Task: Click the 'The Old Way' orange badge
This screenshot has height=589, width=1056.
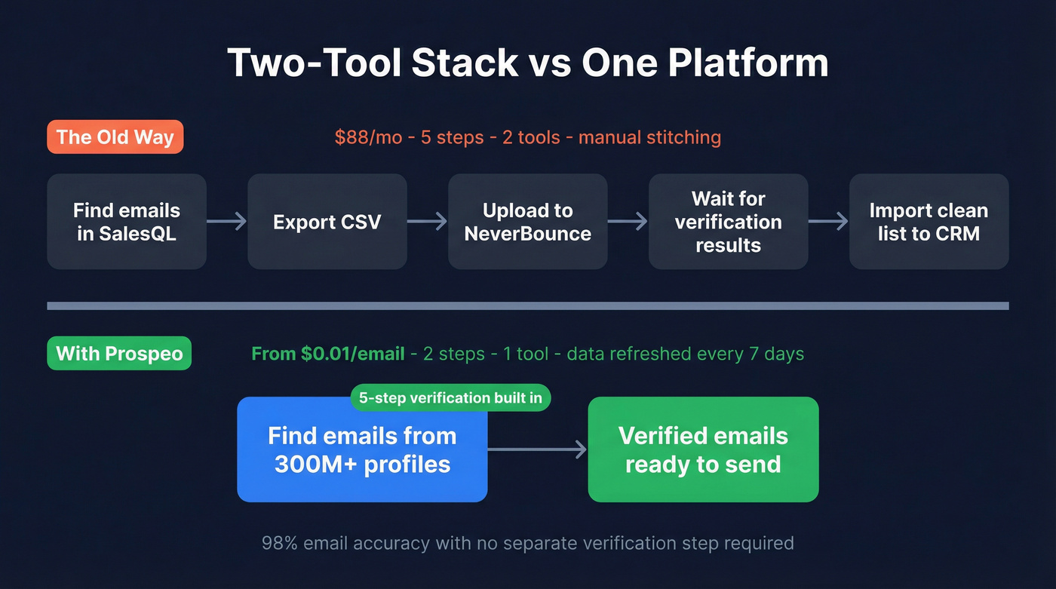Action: pyautogui.click(x=115, y=137)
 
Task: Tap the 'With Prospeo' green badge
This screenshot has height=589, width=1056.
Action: pyautogui.click(x=119, y=354)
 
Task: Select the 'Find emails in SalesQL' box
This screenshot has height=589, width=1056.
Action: pyautogui.click(x=127, y=222)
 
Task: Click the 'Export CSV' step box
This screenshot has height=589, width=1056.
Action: pyautogui.click(x=327, y=222)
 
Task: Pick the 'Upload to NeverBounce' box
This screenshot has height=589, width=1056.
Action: pyautogui.click(x=528, y=222)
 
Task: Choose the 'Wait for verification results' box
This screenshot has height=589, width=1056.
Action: pyautogui.click(x=729, y=222)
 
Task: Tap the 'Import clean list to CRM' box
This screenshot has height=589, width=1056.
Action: pyautogui.click(x=929, y=222)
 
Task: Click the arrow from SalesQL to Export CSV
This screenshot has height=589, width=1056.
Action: pyautogui.click(x=227, y=222)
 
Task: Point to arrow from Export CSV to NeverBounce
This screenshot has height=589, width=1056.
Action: pyautogui.click(x=428, y=222)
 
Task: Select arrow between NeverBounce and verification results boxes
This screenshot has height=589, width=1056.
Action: pyautogui.click(x=628, y=222)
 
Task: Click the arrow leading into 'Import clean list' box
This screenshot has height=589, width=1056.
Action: pyautogui.click(x=828, y=222)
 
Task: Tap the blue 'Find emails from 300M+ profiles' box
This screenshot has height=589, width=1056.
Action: pyautogui.click(x=362, y=450)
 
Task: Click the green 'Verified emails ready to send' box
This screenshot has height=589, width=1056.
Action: pyautogui.click(x=703, y=450)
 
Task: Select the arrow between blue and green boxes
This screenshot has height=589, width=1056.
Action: pyautogui.click(x=537, y=450)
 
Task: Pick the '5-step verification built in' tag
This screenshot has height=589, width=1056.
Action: pyautogui.click(x=450, y=397)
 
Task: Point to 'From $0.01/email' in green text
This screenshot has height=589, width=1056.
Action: pyautogui.click(x=327, y=354)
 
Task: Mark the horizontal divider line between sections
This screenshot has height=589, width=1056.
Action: pyautogui.click(x=528, y=306)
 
